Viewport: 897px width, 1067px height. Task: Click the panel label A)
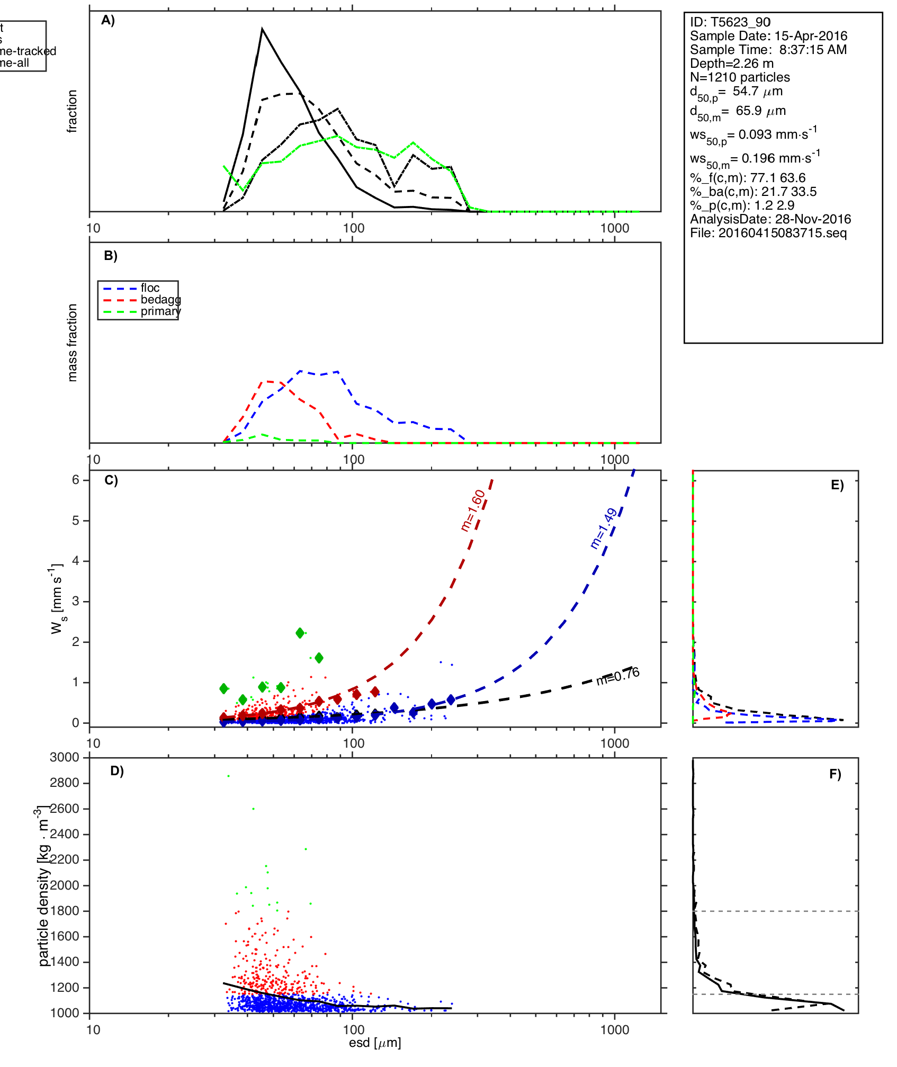point(108,20)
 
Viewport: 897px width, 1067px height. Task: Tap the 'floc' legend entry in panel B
point(150,288)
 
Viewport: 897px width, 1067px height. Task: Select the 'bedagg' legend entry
point(160,300)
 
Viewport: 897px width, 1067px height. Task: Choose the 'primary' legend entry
point(160,311)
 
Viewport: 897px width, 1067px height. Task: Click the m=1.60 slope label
point(473,510)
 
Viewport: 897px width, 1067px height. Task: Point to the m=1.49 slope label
point(604,528)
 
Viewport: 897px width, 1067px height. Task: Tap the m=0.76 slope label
point(618,676)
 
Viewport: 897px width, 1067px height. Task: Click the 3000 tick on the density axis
point(64,757)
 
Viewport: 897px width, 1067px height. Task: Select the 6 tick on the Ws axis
point(76,480)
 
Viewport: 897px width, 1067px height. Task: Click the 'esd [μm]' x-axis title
point(375,1043)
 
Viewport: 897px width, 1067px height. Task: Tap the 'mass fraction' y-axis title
point(73,343)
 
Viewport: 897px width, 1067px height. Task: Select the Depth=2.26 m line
point(731,64)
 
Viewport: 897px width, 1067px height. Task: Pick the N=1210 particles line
point(740,77)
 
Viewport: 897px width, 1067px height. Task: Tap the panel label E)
point(837,485)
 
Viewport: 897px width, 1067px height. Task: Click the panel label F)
point(835,774)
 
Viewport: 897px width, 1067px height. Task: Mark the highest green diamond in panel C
point(300,633)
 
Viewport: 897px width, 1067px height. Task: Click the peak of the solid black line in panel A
point(262,29)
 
